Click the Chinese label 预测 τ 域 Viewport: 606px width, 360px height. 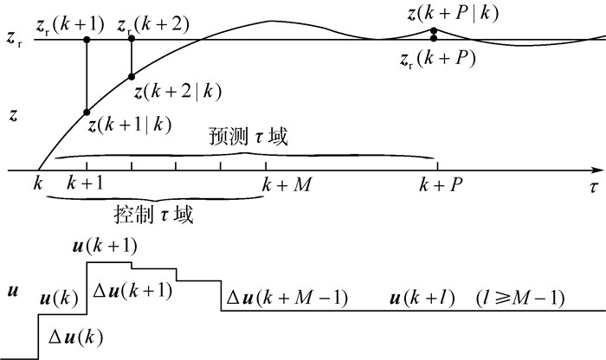(x=248, y=138)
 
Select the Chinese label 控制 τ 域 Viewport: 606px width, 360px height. (x=153, y=213)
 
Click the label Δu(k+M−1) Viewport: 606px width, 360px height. (x=287, y=299)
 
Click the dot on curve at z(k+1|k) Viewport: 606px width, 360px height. (x=87, y=112)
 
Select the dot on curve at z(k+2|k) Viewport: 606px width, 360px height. (x=132, y=76)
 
